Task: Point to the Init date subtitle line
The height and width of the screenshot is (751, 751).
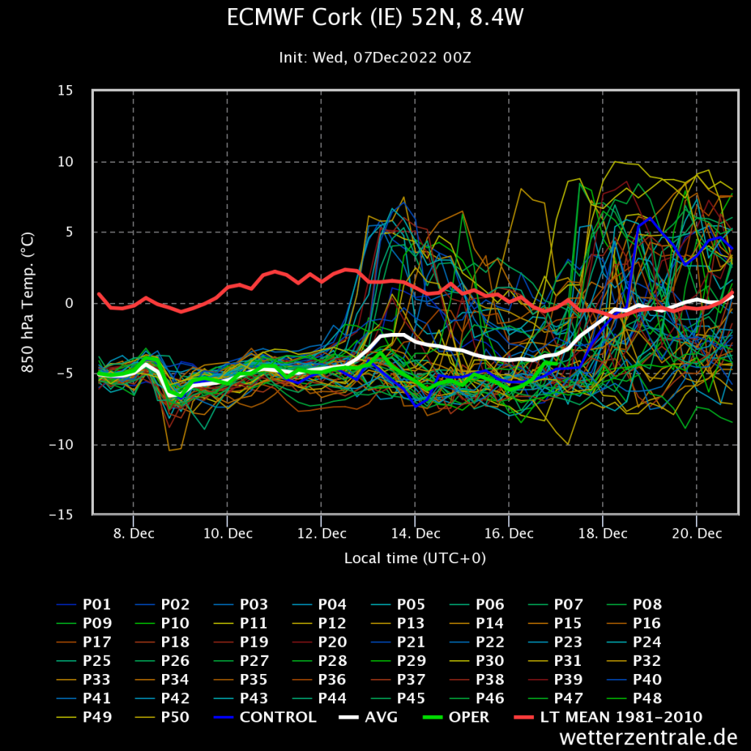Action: click(375, 57)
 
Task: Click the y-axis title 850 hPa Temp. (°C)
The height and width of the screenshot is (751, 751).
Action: click(28, 302)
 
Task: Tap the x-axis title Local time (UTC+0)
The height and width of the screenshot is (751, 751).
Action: click(415, 558)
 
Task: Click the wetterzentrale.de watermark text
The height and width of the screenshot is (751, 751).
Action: click(648, 736)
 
